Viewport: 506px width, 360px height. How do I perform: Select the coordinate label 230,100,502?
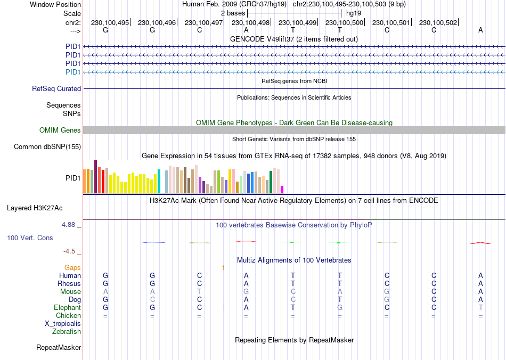pos(438,22)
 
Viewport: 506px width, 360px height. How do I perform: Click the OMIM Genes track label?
pos(60,130)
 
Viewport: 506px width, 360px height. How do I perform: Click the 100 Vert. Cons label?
pos(30,238)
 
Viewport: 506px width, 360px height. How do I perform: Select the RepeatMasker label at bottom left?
pos(59,348)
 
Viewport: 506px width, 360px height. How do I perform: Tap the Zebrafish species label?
pos(67,332)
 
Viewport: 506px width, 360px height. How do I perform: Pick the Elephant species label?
pos(67,308)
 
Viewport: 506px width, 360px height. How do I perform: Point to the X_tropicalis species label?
pos(63,324)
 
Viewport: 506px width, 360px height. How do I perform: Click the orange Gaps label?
pos(72,267)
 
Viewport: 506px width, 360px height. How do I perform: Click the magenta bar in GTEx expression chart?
pos(282,189)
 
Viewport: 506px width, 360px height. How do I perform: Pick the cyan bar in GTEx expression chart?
pos(159,182)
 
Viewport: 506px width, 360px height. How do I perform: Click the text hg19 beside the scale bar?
pos(354,13)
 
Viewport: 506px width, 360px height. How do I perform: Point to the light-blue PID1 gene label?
pos(73,72)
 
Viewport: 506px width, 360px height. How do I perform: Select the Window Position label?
pos(55,4)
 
